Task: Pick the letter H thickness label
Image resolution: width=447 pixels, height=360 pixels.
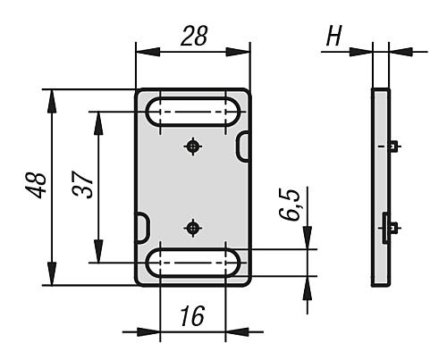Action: pos(334,37)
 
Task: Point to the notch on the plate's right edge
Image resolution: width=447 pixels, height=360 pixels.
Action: pos(242,146)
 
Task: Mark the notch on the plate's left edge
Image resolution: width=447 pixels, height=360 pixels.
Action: pos(141,228)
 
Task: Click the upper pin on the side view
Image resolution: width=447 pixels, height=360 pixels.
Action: pos(394,146)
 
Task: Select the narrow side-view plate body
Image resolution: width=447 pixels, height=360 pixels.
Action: pos(381,188)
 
